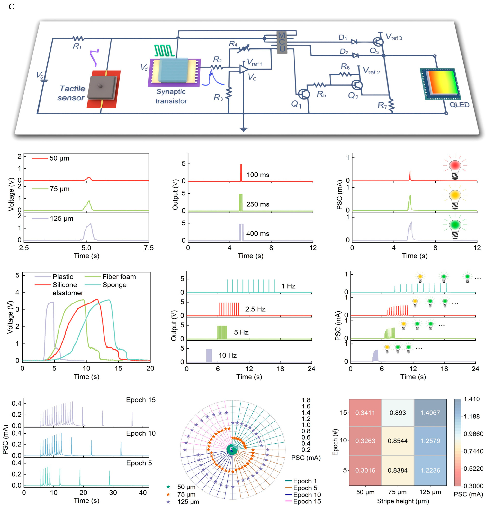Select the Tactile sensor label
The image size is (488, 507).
point(71,93)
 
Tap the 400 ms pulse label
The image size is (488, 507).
point(258,234)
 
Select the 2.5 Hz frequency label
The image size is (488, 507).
point(255,309)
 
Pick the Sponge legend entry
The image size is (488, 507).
point(114,285)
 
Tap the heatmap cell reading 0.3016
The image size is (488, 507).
point(365,470)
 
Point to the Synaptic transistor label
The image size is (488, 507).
point(171,96)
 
